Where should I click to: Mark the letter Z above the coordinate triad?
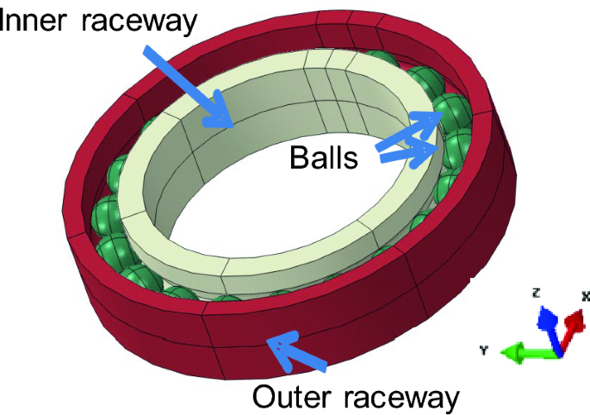(535, 294)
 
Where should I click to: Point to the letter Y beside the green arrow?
(486, 350)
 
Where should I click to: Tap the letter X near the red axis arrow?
(586, 295)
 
